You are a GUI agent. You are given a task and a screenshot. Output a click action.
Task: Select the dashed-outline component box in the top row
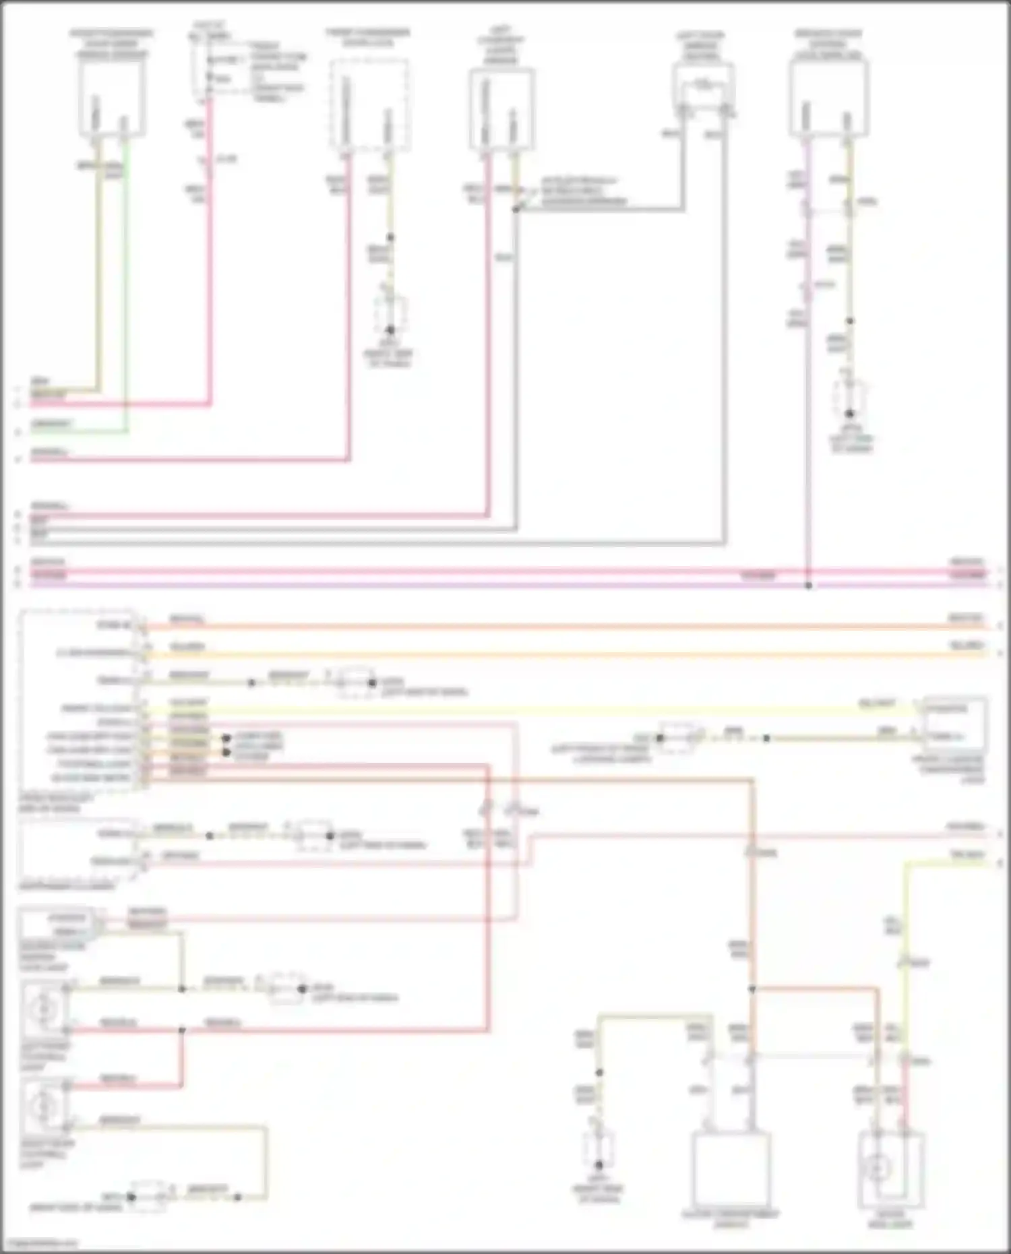tap(369, 104)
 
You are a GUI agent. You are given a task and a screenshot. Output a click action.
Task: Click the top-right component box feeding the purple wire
tap(828, 98)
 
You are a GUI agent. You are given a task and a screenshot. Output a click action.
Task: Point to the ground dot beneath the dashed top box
tap(390, 330)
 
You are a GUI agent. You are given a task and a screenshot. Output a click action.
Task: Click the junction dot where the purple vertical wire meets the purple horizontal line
tap(808, 586)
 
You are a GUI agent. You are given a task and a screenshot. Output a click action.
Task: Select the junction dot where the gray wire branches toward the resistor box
tap(516, 210)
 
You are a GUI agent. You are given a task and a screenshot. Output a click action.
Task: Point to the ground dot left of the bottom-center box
tap(599, 1164)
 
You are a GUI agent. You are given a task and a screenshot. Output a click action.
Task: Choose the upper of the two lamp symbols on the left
tap(44, 1008)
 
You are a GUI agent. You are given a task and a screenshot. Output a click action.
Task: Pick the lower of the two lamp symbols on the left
tap(44, 1105)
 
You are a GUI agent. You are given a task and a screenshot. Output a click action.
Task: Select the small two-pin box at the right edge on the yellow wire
tap(955, 722)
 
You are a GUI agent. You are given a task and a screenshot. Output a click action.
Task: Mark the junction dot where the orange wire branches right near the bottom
tap(752, 989)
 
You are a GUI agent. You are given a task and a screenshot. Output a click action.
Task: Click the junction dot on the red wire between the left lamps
tap(182, 1030)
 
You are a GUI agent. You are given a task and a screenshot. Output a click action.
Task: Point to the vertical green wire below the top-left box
tap(126, 283)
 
